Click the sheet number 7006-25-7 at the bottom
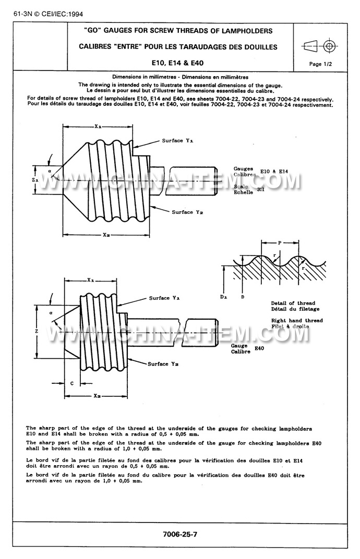[180, 535]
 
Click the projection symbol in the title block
[320, 46]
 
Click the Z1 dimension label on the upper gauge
[34, 179]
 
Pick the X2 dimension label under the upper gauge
[106, 235]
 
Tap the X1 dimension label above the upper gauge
[98, 126]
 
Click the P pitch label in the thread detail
[280, 242]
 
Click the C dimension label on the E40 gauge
[71, 383]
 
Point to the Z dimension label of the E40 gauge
[34, 331]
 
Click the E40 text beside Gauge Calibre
[260, 348]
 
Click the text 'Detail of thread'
[293, 303]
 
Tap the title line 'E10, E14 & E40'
[177, 63]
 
